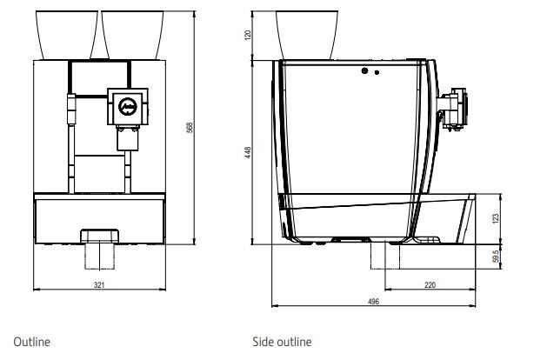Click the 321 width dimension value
click(x=99, y=285)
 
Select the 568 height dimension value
click(x=190, y=128)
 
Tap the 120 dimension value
click(x=248, y=35)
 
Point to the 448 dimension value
click(x=248, y=152)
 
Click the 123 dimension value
click(x=496, y=219)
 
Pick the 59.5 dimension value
click(x=496, y=257)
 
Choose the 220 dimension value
click(x=430, y=285)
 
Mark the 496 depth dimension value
click(x=373, y=302)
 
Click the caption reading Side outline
click(x=282, y=342)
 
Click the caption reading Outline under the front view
click(x=32, y=342)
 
